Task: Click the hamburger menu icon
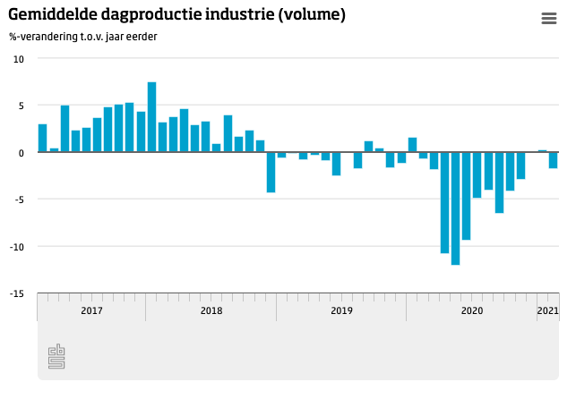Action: click(549, 19)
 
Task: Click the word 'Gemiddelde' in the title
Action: click(49, 16)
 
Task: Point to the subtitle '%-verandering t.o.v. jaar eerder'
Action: click(83, 37)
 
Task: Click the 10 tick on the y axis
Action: click(19, 59)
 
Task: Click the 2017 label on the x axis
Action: click(91, 311)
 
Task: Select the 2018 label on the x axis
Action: click(211, 311)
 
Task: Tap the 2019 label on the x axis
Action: click(341, 311)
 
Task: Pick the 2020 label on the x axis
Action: click(472, 311)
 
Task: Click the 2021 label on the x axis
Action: click(547, 311)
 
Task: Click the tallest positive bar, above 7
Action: click(152, 117)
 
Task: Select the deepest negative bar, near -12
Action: click(456, 208)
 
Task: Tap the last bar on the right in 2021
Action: click(554, 160)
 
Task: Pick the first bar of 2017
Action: click(43, 138)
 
